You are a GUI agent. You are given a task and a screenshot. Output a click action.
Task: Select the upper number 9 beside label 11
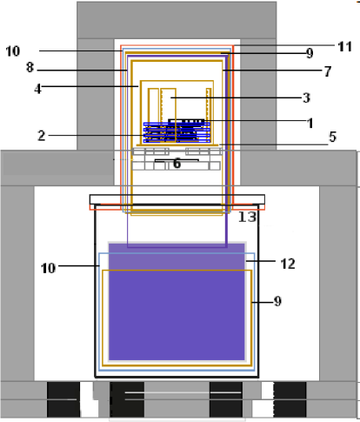click(309, 53)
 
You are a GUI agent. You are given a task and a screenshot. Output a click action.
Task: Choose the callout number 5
click(308, 137)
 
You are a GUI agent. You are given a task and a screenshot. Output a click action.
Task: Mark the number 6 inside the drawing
click(177, 163)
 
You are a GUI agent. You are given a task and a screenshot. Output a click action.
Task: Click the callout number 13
click(246, 217)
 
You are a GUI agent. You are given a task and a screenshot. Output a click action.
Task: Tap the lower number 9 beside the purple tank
click(277, 301)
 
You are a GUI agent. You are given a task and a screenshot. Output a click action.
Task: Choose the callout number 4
click(40, 86)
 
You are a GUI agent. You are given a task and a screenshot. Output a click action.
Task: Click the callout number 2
click(40, 135)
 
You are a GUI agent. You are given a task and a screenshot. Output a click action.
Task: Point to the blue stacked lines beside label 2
click(174, 132)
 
